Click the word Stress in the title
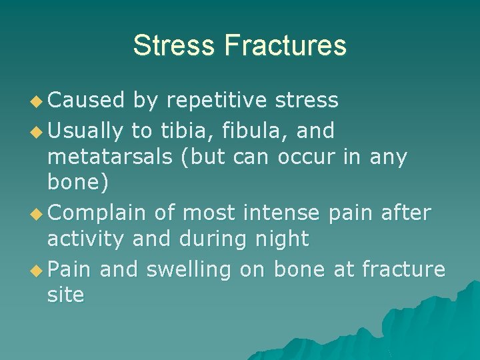pyautogui.click(x=175, y=45)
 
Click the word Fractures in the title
pyautogui.click(x=285, y=45)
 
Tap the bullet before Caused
pyautogui.click(x=39, y=101)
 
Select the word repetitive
pyautogui.click(x=216, y=101)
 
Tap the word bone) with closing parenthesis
pyautogui.click(x=74, y=182)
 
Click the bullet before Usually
pyautogui.click(x=39, y=131)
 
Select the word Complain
pyautogui.click(x=97, y=213)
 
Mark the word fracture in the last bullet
pyautogui.click(x=403, y=269)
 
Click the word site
pyautogui.click(x=65, y=295)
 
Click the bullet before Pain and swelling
pyautogui.click(x=39, y=269)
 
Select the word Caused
pyautogui.click(x=87, y=101)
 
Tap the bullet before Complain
pyautogui.click(x=39, y=213)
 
